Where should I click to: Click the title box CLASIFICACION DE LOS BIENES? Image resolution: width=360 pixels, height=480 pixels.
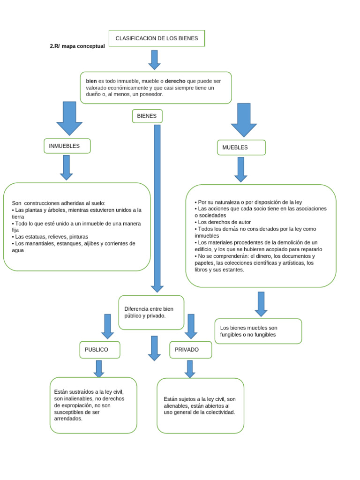pos(157,38)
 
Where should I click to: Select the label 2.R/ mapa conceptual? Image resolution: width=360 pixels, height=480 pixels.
pos(77,46)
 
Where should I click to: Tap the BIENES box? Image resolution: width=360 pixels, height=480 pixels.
pos(147,116)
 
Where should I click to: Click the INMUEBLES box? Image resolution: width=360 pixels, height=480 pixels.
pos(67,146)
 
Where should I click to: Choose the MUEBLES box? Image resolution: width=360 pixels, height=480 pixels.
pos(241,147)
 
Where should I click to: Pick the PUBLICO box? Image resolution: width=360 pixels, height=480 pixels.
pos(99,350)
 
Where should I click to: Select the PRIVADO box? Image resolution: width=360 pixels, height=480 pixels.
pos(190,350)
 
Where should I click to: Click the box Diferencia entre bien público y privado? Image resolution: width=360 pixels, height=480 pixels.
pos(151,312)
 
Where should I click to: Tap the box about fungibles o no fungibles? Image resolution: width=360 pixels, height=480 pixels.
pos(258,331)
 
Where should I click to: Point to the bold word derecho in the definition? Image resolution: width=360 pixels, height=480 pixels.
pos(175,81)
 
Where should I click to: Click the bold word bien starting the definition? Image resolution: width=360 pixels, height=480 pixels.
pos(91,81)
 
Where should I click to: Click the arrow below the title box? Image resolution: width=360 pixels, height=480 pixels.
pos(154,60)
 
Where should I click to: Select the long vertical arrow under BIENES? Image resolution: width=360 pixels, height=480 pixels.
pos(157,206)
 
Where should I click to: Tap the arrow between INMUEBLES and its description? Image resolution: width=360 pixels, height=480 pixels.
pos(67,167)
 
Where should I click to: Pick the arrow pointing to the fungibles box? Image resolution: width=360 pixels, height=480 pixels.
pos(261,304)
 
